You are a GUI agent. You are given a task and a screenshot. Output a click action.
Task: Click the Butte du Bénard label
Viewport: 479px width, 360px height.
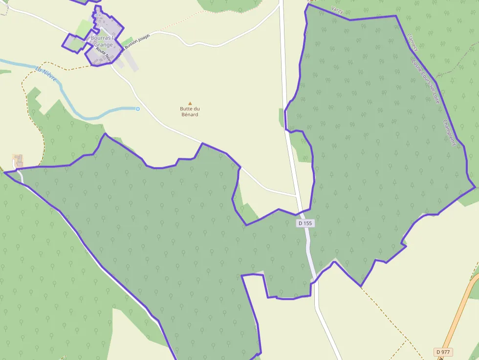click(x=190, y=111)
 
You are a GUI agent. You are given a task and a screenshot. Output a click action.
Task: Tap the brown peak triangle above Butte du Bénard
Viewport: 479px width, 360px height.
click(x=190, y=103)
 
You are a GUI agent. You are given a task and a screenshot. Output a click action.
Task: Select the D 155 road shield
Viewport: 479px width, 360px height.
click(x=305, y=223)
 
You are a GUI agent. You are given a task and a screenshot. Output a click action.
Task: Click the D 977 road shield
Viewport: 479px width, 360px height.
click(x=444, y=352)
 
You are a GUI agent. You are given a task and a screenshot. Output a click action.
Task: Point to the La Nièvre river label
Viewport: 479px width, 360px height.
click(x=46, y=74)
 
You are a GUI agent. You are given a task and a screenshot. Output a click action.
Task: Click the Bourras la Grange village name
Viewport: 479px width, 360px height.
click(x=102, y=41)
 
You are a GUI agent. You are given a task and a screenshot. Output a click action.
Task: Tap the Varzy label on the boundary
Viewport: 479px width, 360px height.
click(x=337, y=9)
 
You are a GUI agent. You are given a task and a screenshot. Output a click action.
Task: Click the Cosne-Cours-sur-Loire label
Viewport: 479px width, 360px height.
click(x=426, y=81)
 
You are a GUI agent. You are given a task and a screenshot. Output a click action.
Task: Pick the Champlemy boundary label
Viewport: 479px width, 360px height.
click(x=449, y=133)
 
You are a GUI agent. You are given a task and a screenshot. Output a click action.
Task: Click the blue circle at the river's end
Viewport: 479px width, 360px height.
click(x=138, y=109)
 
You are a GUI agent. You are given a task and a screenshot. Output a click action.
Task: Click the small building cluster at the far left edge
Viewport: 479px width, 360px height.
click(x=18, y=160)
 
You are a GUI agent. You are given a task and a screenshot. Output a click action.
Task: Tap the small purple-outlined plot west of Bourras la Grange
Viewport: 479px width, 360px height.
click(x=73, y=42)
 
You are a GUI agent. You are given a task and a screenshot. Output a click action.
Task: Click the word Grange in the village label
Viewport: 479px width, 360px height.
click(x=104, y=44)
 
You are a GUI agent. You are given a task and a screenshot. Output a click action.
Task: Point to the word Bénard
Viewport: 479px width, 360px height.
click(x=190, y=114)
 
